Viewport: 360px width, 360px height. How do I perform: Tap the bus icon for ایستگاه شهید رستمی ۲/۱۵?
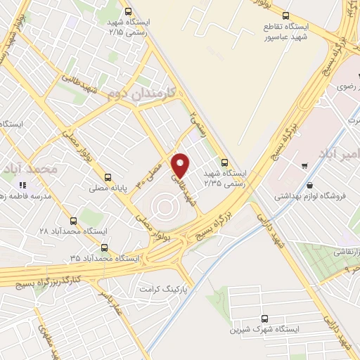point(127,12)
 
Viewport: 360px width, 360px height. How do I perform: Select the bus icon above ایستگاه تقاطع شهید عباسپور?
point(285,15)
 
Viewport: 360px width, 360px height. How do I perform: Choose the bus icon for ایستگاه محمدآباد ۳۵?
point(105,247)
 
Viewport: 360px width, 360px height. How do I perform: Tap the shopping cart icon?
point(304,166)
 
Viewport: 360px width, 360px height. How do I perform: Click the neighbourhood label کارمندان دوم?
point(140,92)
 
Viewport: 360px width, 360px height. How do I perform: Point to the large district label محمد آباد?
point(29,169)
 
